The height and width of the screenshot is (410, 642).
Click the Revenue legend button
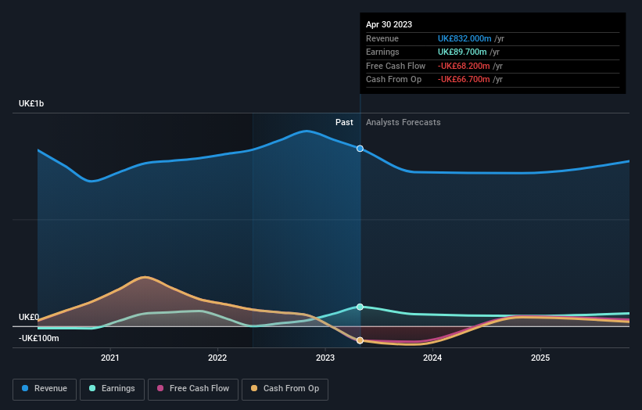(45, 388)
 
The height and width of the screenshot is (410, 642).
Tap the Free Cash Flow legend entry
(192, 388)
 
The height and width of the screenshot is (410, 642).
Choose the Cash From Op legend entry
(285, 388)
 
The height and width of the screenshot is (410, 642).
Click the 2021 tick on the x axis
(110, 358)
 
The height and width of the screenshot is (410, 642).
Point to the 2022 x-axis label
(217, 358)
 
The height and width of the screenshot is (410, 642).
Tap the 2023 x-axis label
(325, 358)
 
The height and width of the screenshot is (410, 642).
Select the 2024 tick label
(432, 358)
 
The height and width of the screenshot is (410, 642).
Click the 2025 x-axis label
(540, 358)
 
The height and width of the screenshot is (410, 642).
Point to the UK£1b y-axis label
(32, 104)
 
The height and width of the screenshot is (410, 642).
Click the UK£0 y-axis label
(29, 317)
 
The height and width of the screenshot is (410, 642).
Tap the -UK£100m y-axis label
(39, 338)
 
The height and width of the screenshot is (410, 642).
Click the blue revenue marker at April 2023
(360, 148)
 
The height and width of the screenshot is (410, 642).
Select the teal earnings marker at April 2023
(360, 307)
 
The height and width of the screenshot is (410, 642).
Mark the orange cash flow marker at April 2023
(360, 340)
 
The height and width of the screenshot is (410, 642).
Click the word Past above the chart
(344, 122)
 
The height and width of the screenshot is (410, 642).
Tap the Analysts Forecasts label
(403, 122)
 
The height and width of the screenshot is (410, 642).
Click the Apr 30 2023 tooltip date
(389, 24)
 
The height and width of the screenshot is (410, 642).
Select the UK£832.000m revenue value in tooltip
(464, 39)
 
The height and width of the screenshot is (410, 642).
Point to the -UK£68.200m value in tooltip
(464, 66)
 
